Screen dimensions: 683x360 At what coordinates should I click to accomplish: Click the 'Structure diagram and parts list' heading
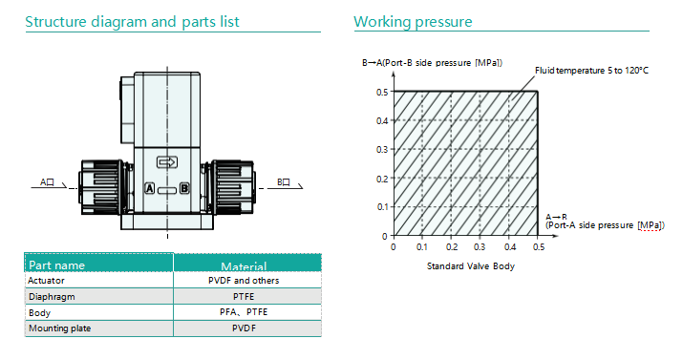click(132, 22)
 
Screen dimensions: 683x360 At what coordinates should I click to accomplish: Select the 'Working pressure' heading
click(413, 22)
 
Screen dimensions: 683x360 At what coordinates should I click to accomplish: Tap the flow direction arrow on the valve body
click(167, 162)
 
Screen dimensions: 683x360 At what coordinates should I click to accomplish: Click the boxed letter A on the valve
click(149, 188)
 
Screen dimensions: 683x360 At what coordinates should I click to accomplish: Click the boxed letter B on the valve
click(184, 188)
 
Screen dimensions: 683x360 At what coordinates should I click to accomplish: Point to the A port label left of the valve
click(47, 182)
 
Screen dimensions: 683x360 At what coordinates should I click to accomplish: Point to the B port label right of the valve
click(284, 182)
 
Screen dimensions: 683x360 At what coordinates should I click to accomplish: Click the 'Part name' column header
click(56, 265)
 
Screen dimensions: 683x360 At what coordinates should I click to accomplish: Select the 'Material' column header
click(244, 266)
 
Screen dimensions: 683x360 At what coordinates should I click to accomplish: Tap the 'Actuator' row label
click(46, 281)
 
